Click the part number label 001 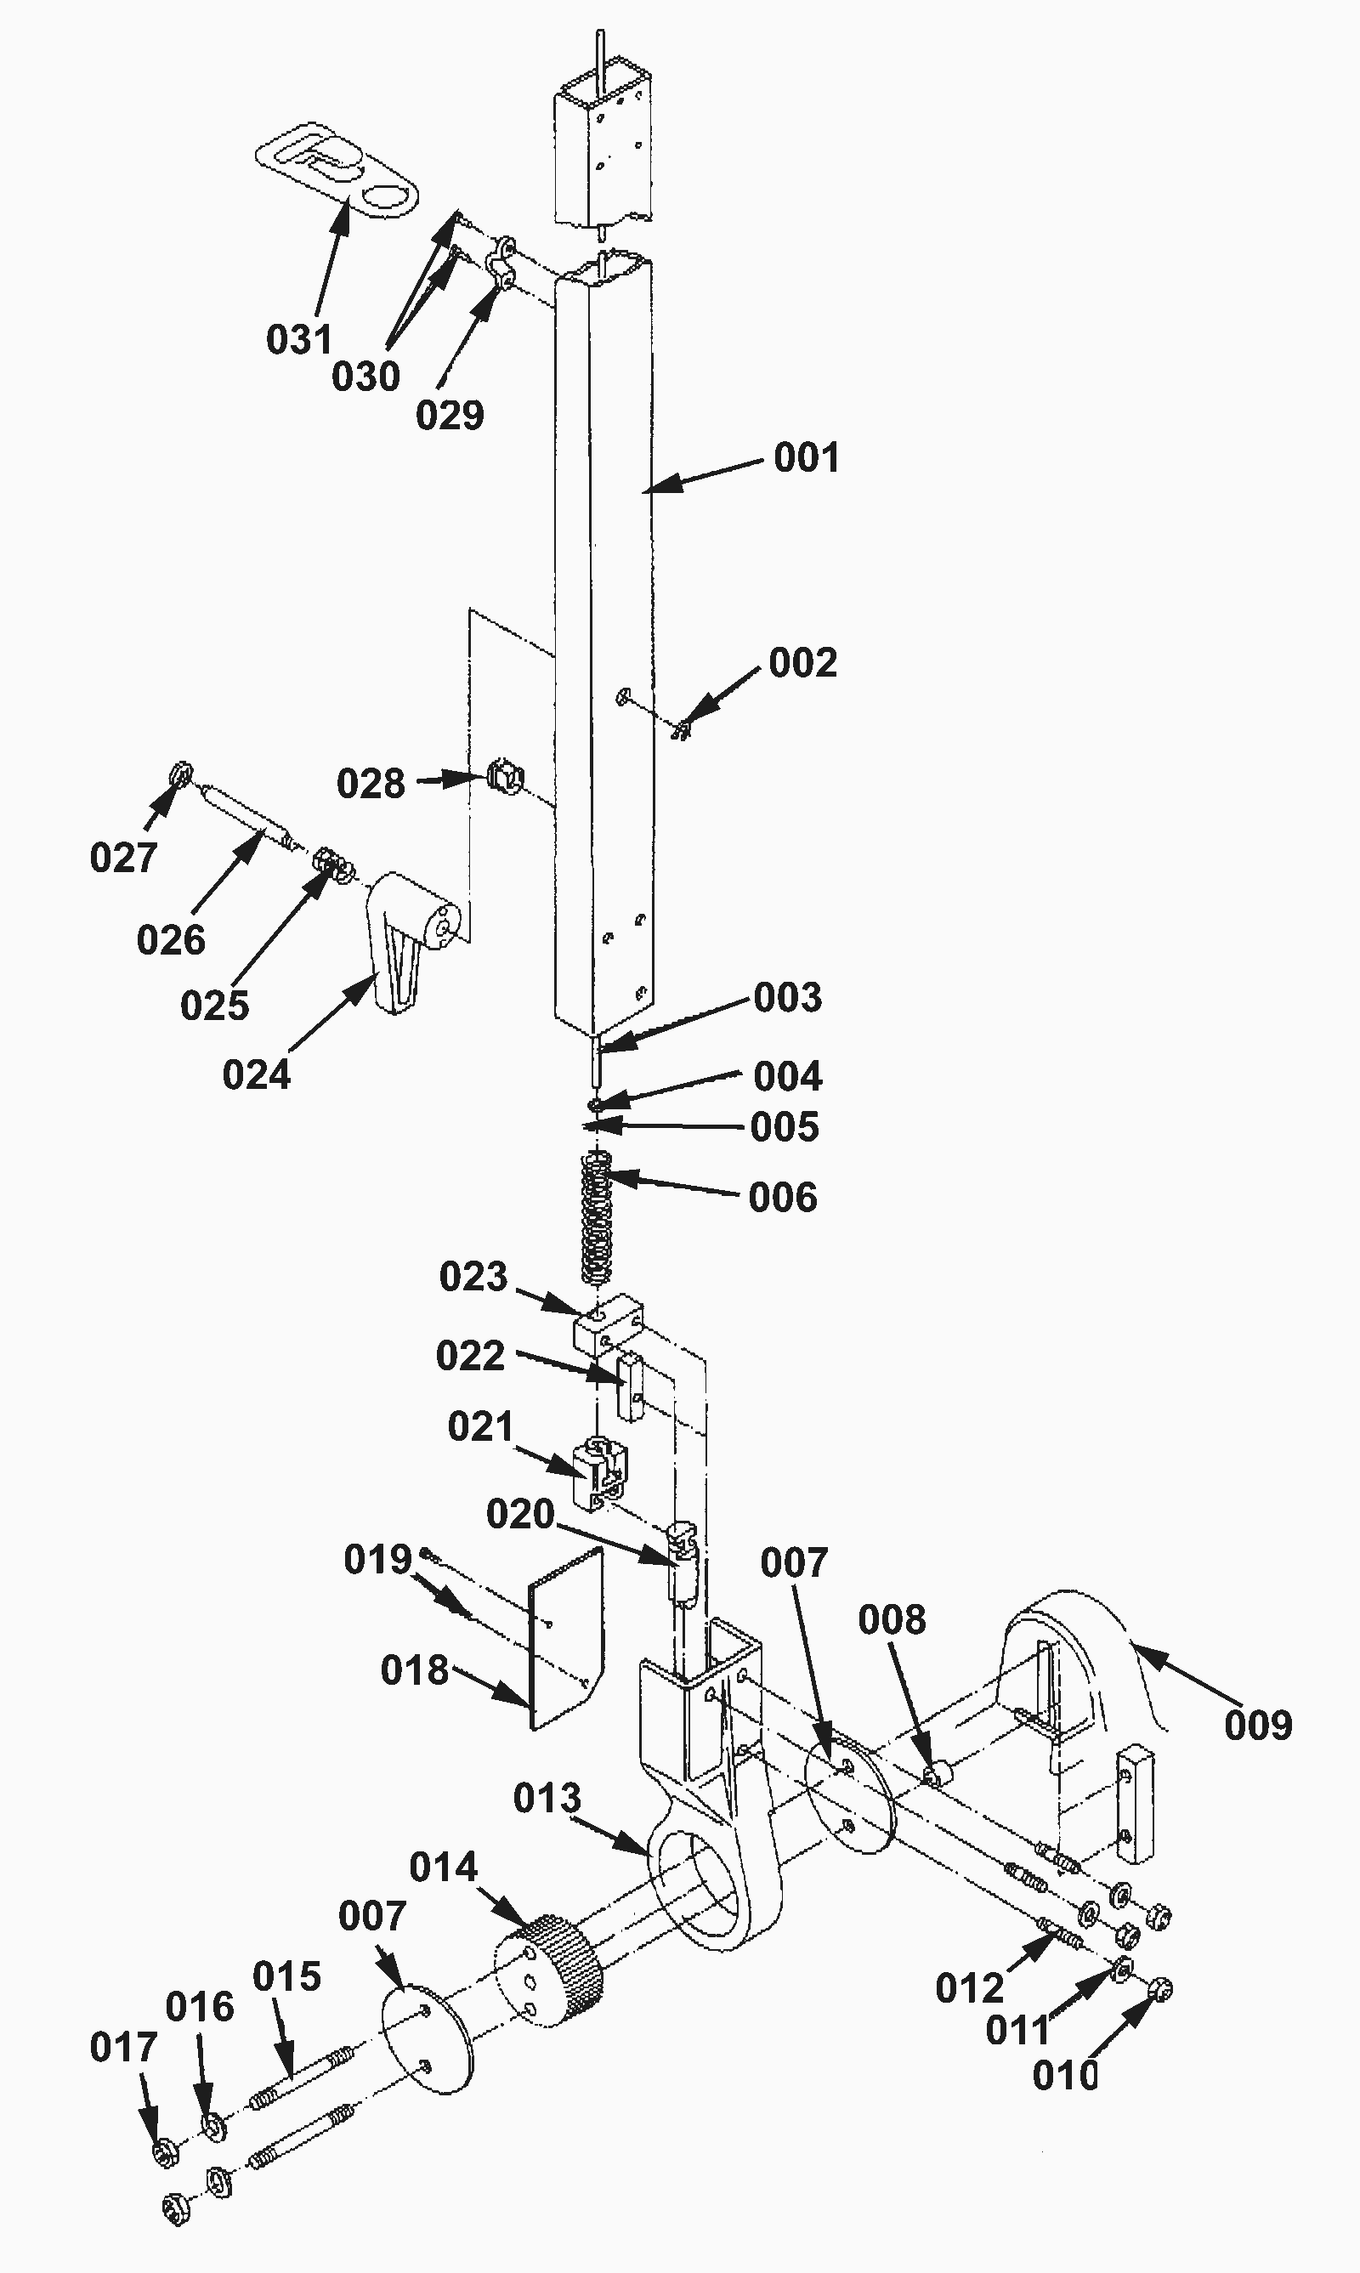tap(807, 457)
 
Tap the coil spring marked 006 tap(598, 1220)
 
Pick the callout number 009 tap(1258, 1726)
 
